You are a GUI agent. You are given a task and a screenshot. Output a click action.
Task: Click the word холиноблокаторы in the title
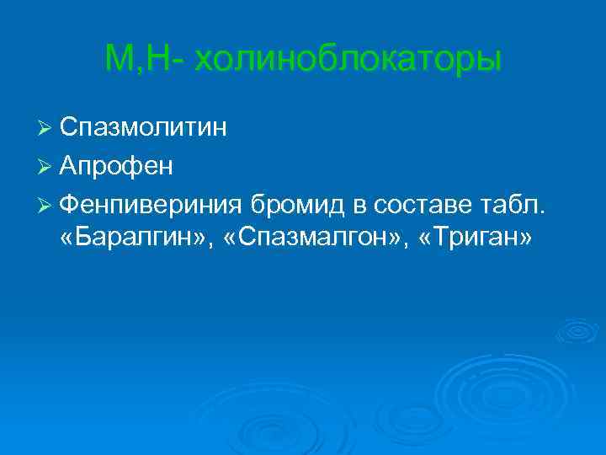tap(348, 61)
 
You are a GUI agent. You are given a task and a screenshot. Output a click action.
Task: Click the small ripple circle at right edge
tap(578, 331)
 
